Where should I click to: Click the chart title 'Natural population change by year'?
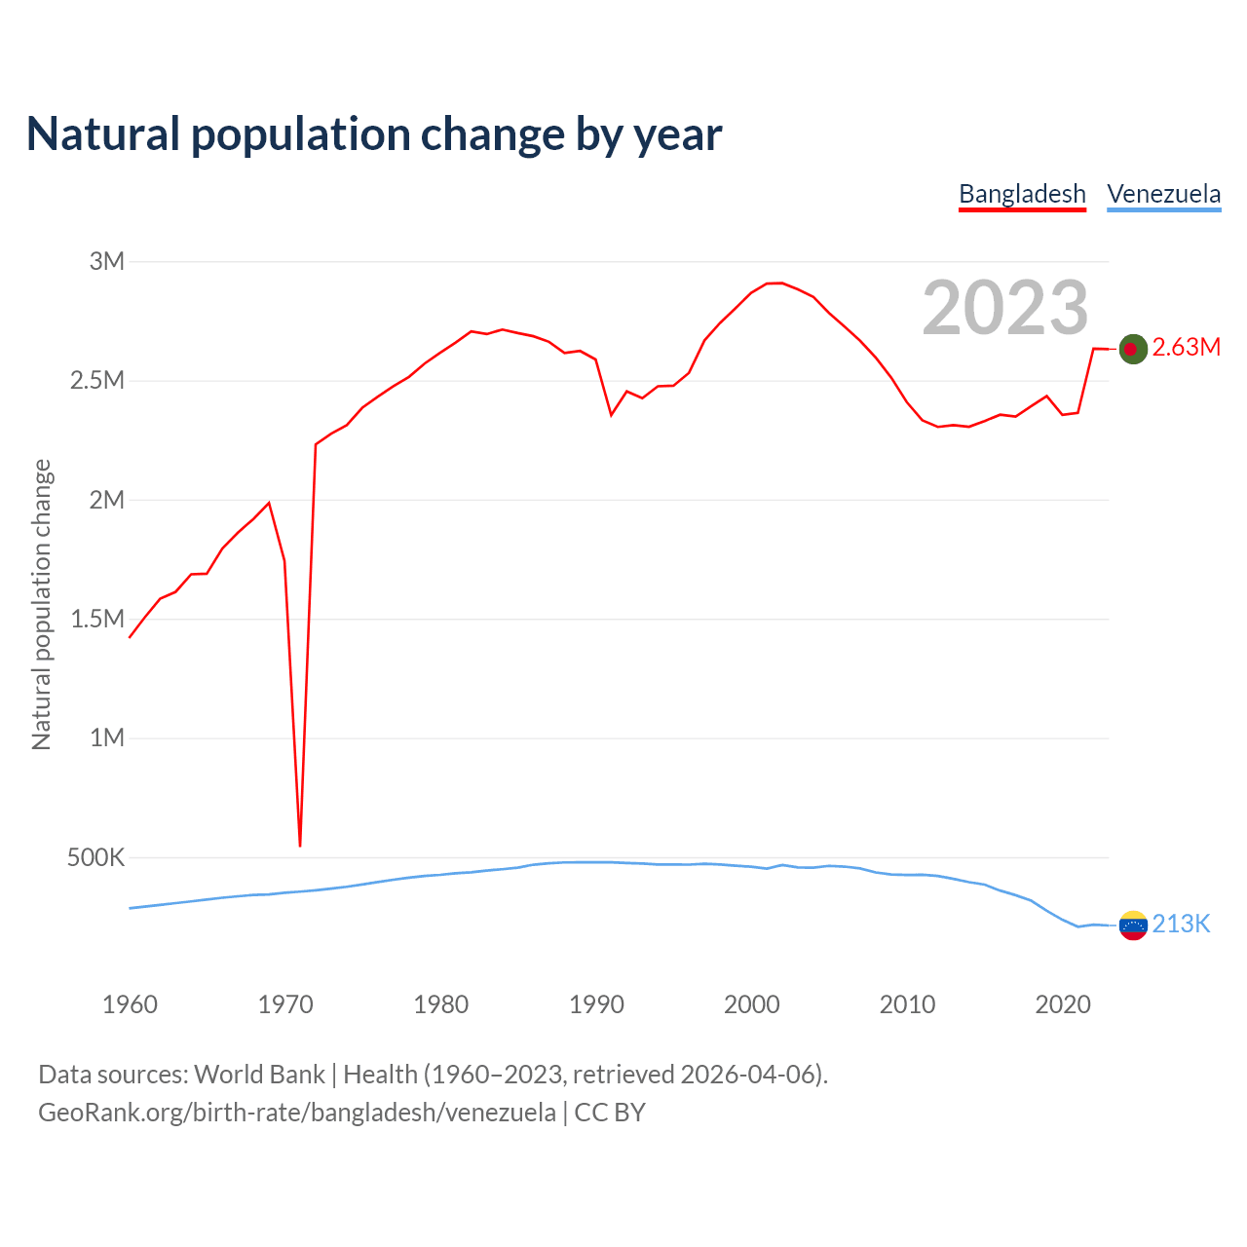click(374, 134)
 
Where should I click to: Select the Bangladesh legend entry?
click(1022, 194)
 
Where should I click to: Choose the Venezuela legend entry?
click(1163, 194)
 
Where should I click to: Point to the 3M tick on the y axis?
click(107, 261)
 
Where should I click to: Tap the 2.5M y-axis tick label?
click(97, 380)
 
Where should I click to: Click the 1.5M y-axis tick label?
click(97, 619)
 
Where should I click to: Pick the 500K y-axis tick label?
click(95, 857)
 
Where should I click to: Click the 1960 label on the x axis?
click(130, 1004)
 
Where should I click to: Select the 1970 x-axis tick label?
click(285, 1004)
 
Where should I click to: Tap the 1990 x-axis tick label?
click(596, 1004)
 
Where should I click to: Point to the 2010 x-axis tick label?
click(907, 1004)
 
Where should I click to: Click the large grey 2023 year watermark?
click(1004, 307)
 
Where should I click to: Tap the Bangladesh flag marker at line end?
click(1132, 349)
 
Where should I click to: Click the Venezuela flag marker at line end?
click(1132, 926)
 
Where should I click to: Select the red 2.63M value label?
click(1186, 348)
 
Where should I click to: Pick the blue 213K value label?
click(1181, 925)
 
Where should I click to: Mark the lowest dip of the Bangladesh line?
click(300, 844)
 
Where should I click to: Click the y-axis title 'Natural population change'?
click(42, 604)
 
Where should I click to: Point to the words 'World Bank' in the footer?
click(259, 1075)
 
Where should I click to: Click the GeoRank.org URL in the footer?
click(297, 1113)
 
